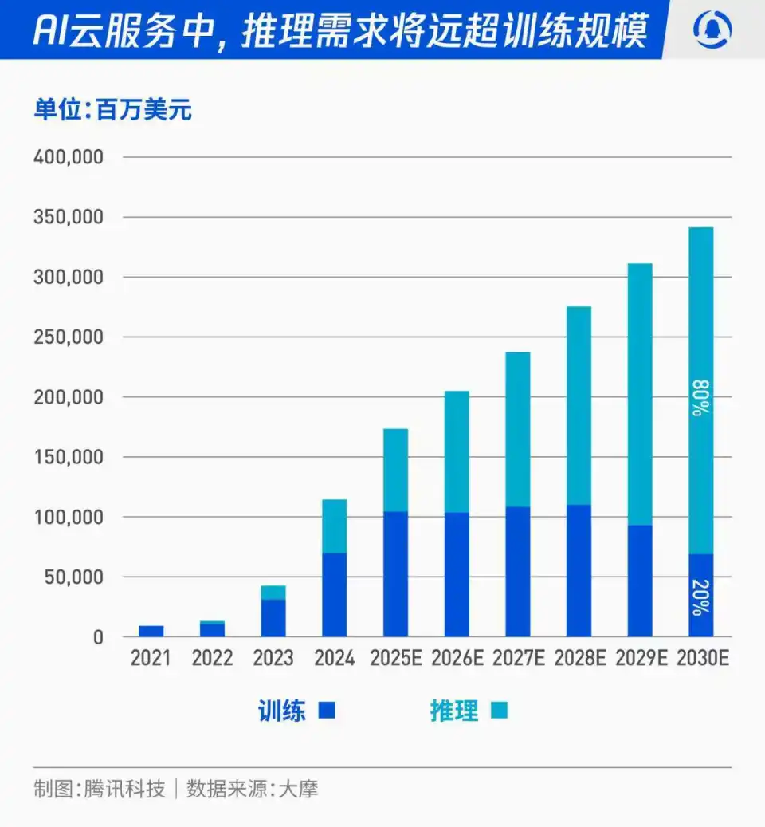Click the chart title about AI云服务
click(x=339, y=30)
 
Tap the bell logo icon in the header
click(x=712, y=30)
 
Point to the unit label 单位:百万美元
click(x=112, y=109)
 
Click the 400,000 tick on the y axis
click(x=69, y=157)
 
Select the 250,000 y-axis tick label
click(x=69, y=337)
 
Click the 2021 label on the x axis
click(x=151, y=659)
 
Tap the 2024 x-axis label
click(x=334, y=659)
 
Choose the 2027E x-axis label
click(x=517, y=659)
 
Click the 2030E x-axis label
click(x=701, y=659)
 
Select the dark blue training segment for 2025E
click(x=395, y=574)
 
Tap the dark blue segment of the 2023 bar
click(x=273, y=618)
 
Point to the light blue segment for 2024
click(x=334, y=526)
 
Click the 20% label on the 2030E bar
click(x=700, y=597)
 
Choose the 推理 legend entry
click(x=469, y=711)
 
